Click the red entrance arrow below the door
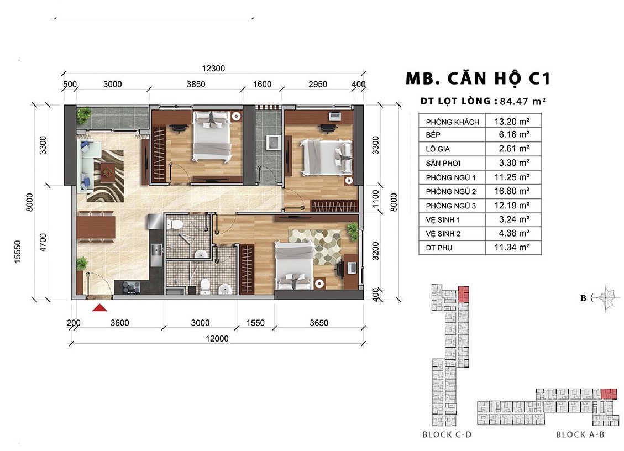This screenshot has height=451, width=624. tap(100, 307)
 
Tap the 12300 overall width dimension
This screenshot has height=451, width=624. tap(213, 69)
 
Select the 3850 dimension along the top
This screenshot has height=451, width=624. tap(196, 85)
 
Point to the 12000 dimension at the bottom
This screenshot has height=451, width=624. tap(217, 339)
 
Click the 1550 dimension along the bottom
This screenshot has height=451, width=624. tap(255, 323)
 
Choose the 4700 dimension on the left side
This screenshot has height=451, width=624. tap(43, 242)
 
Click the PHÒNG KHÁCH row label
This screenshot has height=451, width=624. tap(453, 122)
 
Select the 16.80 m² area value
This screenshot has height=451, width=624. tap(512, 191)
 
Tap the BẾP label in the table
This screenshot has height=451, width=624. tap(433, 135)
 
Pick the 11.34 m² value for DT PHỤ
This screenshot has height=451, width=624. tap(512, 247)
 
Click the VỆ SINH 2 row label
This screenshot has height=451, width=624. tap(443, 234)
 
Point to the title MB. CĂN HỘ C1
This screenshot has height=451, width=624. tap(478, 78)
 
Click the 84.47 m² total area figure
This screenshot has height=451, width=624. tap(522, 101)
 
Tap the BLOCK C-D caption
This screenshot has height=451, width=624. tap(447, 434)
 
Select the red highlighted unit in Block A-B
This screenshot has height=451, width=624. tap(609, 394)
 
